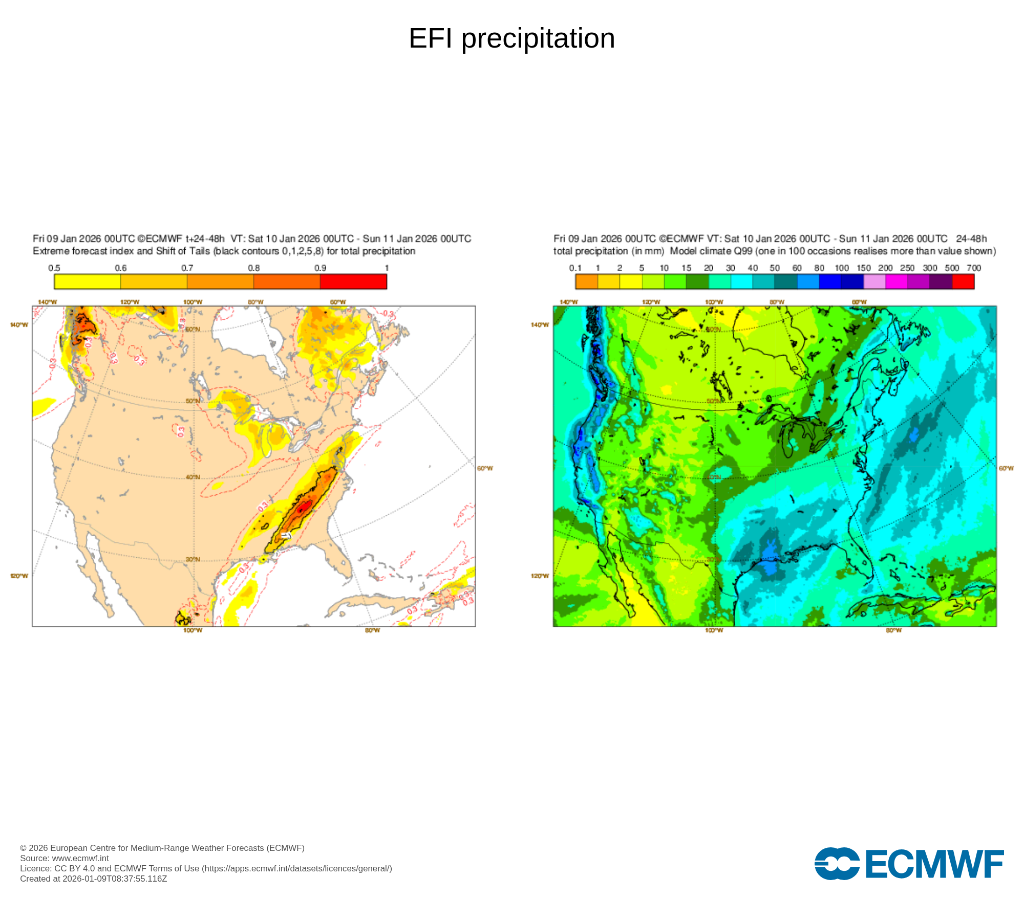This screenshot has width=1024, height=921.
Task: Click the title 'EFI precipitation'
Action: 511,38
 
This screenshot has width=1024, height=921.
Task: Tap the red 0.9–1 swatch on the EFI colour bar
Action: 353,281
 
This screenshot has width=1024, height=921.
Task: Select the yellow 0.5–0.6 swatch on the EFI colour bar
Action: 87,281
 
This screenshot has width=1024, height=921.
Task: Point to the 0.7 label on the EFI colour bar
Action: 187,268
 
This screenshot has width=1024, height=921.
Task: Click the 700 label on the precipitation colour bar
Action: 974,268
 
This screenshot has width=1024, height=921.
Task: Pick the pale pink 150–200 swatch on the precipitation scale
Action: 874,281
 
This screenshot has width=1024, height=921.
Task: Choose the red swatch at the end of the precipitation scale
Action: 963,281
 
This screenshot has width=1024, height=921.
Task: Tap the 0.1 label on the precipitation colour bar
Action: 575,268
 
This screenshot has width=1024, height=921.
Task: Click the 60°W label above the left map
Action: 338,302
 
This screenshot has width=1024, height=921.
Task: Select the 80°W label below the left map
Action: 372,630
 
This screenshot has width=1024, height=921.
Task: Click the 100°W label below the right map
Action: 714,630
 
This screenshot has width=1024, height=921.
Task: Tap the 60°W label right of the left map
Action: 485,468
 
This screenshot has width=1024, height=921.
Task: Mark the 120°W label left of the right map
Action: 540,576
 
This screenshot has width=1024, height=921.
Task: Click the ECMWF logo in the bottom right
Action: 909,864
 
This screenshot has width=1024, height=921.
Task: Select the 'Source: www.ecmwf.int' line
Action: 65,858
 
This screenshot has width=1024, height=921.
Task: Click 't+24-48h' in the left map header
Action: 205,239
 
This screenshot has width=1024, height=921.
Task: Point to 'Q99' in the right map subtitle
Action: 743,251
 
